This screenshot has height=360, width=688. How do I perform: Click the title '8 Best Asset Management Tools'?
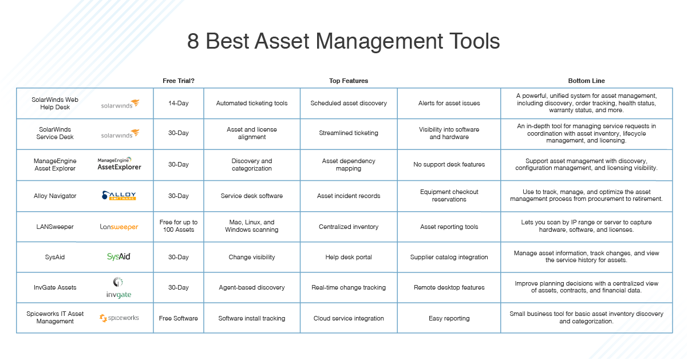pyautogui.click(x=343, y=42)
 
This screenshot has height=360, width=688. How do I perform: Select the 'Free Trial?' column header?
pyautogui.click(x=179, y=81)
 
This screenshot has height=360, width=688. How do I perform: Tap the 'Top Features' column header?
pyautogui.click(x=349, y=81)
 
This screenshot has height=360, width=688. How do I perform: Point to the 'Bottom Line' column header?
pyautogui.click(x=586, y=81)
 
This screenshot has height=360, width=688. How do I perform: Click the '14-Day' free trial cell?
pyautogui.click(x=179, y=103)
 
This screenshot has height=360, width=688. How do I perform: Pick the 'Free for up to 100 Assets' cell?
pyautogui.click(x=179, y=226)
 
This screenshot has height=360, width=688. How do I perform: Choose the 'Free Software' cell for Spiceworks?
pyautogui.click(x=179, y=318)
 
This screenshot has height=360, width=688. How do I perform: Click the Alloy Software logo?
pyautogui.click(x=119, y=196)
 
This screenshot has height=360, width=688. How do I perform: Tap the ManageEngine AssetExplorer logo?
pyautogui.click(x=119, y=164)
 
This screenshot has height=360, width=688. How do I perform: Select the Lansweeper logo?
pyautogui.click(x=119, y=227)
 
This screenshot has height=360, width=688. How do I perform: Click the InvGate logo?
pyautogui.click(x=119, y=287)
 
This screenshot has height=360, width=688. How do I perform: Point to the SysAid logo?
pyautogui.click(x=119, y=257)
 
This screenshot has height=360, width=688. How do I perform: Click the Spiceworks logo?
pyautogui.click(x=119, y=318)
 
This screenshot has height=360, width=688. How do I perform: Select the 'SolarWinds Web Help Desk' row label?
pyautogui.click(x=55, y=103)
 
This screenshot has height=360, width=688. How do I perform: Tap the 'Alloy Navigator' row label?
pyautogui.click(x=55, y=196)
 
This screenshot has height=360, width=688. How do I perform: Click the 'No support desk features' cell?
pyautogui.click(x=449, y=164)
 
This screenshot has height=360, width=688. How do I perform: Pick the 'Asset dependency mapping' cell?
pyautogui.click(x=349, y=165)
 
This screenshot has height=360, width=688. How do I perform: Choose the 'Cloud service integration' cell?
pyautogui.click(x=349, y=318)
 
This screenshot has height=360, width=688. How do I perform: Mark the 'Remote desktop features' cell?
pyautogui.click(x=449, y=287)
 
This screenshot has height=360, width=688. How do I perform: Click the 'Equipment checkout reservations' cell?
pyautogui.click(x=449, y=196)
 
